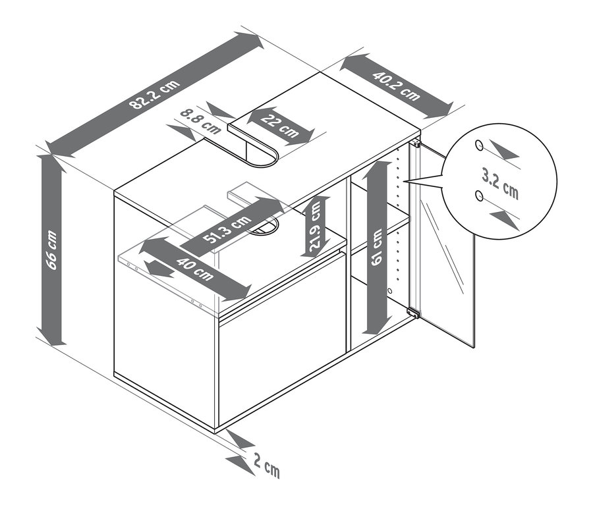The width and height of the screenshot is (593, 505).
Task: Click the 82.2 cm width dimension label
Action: coord(154,95)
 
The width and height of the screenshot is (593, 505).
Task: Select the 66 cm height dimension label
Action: coord(51,250)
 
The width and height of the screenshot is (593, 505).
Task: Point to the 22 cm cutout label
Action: coord(280,126)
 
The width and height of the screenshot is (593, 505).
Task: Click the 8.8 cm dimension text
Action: coord(200,121)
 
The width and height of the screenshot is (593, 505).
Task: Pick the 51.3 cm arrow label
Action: coord(226,230)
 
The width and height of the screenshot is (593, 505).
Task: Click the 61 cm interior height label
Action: coord(377,247)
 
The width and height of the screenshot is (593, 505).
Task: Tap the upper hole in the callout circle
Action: coord(479,145)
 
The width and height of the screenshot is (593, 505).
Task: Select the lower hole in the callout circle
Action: coord(479,196)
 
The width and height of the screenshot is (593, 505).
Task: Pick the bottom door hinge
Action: coord(413,312)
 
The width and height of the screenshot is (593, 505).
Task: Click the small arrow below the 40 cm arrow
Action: coord(159,269)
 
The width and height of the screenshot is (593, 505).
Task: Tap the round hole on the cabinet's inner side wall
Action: coord(389,290)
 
